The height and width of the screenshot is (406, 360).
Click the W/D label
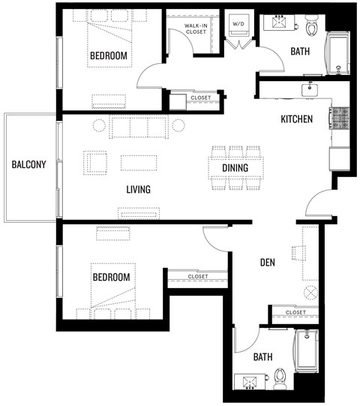coord(239,23)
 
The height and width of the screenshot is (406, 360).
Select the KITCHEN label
coord(296,119)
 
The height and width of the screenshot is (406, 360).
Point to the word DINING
coord(235,167)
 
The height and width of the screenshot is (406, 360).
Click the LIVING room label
coord(138,190)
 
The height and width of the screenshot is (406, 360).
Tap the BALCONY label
coord(28,165)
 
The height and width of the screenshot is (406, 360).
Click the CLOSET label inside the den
coord(296,312)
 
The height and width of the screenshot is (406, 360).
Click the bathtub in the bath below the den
coord(307,350)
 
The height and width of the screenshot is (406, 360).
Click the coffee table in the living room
coord(139,162)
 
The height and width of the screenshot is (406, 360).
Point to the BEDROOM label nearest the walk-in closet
coord(109,56)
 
